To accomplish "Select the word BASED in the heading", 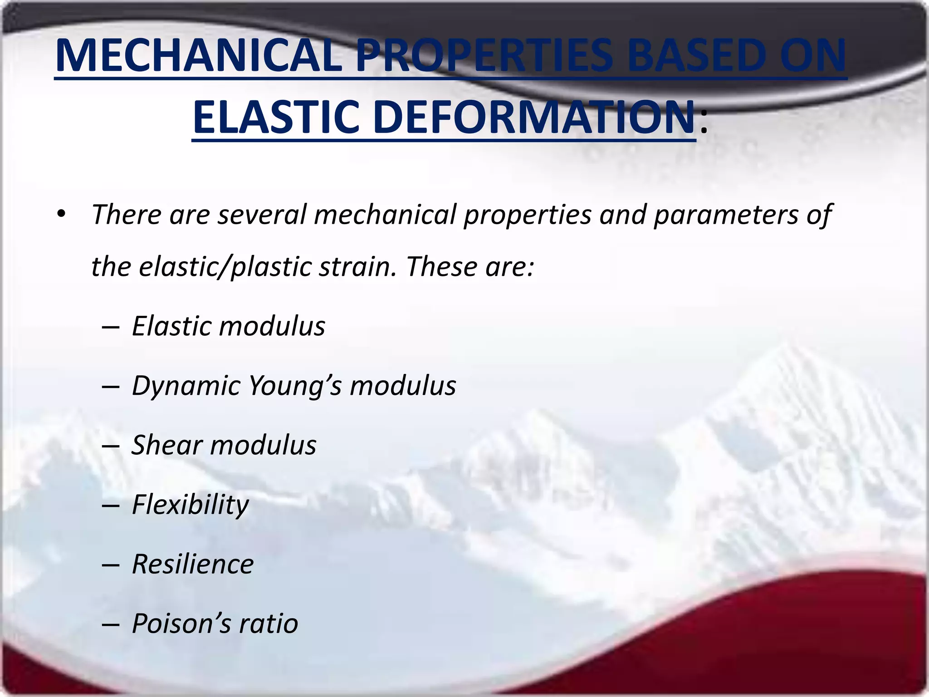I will [x=694, y=56].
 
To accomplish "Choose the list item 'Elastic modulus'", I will [x=228, y=326].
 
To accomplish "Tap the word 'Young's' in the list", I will [x=295, y=386].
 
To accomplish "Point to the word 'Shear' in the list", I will [x=166, y=445].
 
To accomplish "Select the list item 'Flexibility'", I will [x=190, y=505].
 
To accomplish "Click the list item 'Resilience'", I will [x=193, y=564].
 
